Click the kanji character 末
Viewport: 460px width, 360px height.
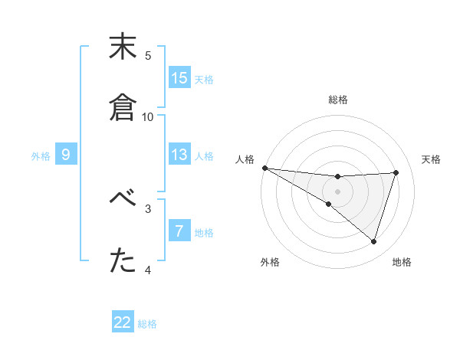(123, 48)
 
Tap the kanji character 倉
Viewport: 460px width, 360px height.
(123, 108)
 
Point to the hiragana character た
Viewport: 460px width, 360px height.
(123, 261)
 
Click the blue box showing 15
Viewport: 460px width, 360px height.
(179, 78)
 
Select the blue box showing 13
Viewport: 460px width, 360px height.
(179, 155)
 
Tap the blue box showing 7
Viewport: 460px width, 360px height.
(179, 231)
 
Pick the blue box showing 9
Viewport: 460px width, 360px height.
(66, 155)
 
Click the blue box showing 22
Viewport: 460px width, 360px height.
(123, 322)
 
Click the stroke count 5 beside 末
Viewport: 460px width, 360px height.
(148, 55)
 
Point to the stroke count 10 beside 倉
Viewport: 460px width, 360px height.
(148, 116)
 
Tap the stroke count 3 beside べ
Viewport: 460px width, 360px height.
(148, 208)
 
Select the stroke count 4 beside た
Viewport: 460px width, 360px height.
(148, 270)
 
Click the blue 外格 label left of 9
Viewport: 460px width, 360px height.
(41, 156)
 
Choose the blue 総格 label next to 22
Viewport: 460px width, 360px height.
(147, 324)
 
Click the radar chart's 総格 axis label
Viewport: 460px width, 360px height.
(338, 100)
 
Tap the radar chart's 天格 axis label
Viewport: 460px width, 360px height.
(432, 159)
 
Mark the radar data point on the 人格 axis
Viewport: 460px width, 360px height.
(264, 167)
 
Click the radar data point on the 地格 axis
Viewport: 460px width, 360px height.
(373, 242)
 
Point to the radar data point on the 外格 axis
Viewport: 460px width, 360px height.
(329, 204)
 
